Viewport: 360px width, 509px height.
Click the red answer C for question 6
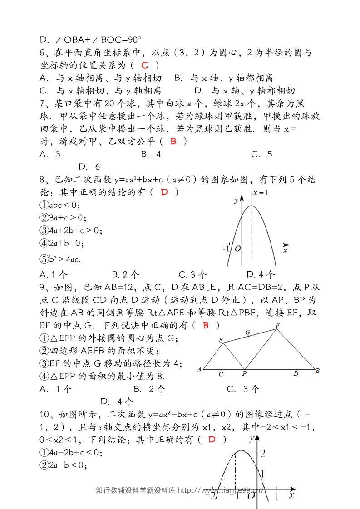(145, 65)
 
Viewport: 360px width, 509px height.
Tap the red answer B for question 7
(173, 142)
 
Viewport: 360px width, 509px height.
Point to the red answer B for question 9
(206, 325)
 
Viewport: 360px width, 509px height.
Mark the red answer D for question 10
(212, 440)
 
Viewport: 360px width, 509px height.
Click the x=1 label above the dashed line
(261, 193)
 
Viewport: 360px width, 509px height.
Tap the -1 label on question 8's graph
(226, 249)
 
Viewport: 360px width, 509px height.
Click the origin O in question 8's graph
(237, 249)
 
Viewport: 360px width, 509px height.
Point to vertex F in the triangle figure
(277, 325)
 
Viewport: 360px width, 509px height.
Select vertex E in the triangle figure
(221, 340)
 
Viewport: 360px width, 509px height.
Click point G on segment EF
(247, 333)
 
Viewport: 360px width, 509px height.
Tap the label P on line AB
(244, 374)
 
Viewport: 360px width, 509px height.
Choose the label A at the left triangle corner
(200, 369)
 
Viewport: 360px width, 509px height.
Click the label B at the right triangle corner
(317, 371)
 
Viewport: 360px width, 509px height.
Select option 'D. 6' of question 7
(89, 167)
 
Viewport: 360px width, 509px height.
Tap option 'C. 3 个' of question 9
(243, 389)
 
